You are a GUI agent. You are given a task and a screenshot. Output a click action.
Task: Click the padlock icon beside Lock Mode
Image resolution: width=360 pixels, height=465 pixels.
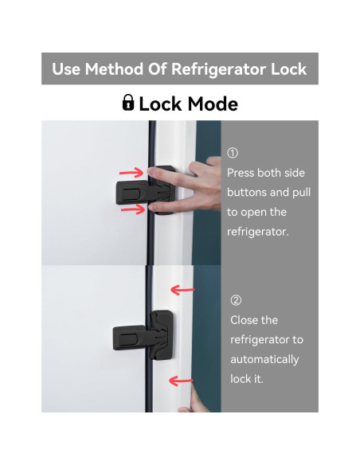127,103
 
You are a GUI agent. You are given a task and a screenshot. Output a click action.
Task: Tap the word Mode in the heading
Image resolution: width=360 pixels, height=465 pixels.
210,104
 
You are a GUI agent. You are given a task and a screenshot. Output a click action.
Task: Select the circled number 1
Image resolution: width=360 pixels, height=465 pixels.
233,154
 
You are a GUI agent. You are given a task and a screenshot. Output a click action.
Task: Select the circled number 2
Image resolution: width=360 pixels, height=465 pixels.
235,300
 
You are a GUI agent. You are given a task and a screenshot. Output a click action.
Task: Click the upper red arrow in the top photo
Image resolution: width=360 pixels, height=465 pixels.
132,172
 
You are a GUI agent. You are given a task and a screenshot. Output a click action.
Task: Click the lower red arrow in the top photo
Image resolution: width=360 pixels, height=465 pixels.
132,209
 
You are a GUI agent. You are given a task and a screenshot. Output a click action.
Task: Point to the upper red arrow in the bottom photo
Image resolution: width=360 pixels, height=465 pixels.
182,291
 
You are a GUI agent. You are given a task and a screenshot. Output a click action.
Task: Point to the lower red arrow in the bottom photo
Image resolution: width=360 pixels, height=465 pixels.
182,381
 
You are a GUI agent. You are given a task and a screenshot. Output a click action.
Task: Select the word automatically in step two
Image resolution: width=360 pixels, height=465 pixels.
264,359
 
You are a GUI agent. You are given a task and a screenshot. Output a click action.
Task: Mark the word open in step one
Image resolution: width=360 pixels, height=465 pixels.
257,213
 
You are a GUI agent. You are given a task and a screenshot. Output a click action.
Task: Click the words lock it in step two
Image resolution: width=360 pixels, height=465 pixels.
246,379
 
